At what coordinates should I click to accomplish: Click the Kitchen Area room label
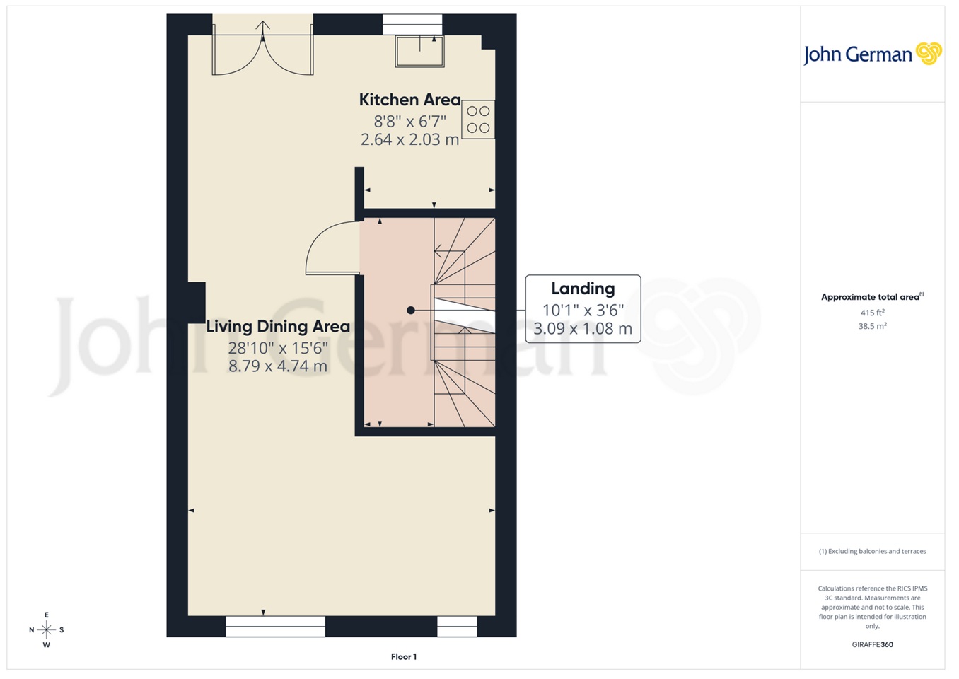(409, 100)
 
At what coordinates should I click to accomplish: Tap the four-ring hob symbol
(478, 120)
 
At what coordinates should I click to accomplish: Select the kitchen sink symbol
(420, 51)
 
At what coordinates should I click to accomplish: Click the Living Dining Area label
(278, 327)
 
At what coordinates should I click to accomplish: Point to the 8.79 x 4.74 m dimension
(278, 366)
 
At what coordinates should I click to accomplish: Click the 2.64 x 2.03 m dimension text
(409, 140)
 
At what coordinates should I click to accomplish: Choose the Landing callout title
(583, 289)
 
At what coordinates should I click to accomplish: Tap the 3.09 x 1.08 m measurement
(583, 329)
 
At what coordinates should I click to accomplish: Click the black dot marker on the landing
(410, 310)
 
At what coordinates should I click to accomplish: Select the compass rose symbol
(47, 629)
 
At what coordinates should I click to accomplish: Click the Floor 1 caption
(404, 657)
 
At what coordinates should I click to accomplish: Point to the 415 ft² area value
(872, 313)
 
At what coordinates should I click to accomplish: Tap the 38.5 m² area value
(872, 327)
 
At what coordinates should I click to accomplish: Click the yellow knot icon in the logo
(929, 53)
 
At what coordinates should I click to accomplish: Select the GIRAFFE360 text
(872, 644)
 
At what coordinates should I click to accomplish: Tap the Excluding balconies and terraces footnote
(872, 551)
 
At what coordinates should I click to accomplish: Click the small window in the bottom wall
(457, 626)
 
